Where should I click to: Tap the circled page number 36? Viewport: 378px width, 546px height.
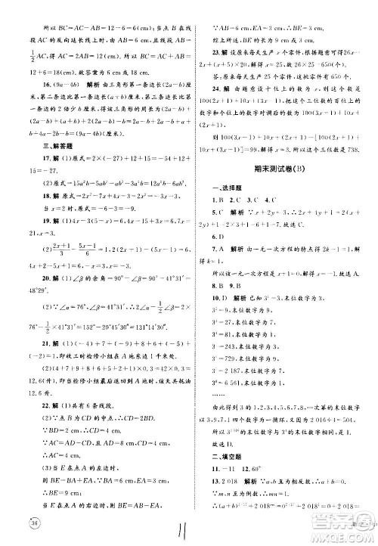33,524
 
